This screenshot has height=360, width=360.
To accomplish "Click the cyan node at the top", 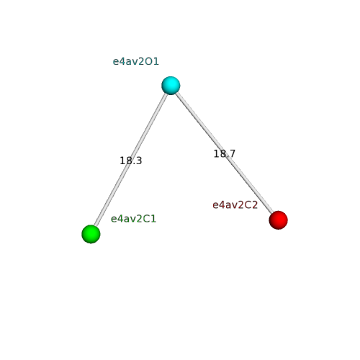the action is point(171,86).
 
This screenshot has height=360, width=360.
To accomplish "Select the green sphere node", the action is point(91,234).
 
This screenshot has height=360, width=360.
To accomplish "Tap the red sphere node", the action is point(278,220).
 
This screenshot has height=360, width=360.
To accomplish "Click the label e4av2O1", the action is point(136,62).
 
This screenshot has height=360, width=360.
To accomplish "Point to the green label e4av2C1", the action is point(133,219).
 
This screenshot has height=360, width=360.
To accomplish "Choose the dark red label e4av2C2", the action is point(235,205).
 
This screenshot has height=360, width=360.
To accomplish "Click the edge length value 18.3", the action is point(131,161).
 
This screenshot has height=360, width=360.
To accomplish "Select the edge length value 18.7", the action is point(225,153).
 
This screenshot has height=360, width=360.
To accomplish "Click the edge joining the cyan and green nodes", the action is point(131,160).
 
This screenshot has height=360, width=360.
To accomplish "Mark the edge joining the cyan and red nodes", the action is point(225,153).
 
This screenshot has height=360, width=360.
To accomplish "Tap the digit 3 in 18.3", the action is point(139,161).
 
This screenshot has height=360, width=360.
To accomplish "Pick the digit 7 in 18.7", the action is point(233,153).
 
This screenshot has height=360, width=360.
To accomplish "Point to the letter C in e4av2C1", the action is point(147,219).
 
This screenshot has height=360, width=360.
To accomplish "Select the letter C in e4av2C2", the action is point(248,205).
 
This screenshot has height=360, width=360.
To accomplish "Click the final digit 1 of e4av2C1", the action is point(153,219).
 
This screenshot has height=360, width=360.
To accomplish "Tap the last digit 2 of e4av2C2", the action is point(255,205).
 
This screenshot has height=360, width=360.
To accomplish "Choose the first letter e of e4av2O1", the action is point(116,63).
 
